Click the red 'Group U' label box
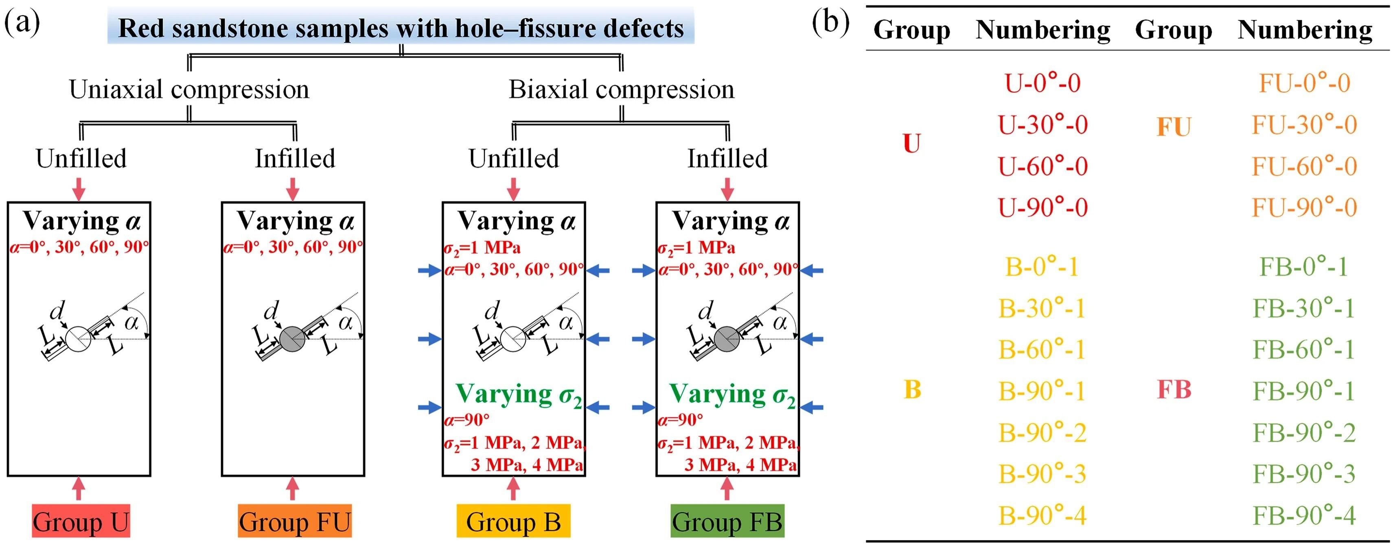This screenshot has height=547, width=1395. pyautogui.click(x=81, y=521)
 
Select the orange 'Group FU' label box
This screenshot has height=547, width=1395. pyautogui.click(x=295, y=521)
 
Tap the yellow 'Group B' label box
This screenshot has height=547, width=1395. pyautogui.click(x=513, y=521)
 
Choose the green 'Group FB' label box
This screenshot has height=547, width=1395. pyautogui.click(x=727, y=521)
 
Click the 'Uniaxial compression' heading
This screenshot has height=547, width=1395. pyautogui.click(x=189, y=89)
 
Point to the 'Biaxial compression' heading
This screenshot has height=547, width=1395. pyautogui.click(x=621, y=89)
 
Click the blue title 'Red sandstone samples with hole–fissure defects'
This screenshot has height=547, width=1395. pyautogui.click(x=401, y=28)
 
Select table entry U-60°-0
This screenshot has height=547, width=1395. pyautogui.click(x=1042, y=166)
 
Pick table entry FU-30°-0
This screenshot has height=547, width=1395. pyautogui.click(x=1304, y=125)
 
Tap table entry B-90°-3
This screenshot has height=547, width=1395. pyautogui.click(x=1042, y=474)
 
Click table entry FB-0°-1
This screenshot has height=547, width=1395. pyautogui.click(x=1304, y=267)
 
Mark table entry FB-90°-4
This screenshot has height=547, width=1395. pyautogui.click(x=1304, y=515)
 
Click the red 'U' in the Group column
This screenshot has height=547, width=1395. pyautogui.click(x=912, y=144)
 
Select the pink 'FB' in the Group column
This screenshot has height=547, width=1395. pyautogui.click(x=1174, y=390)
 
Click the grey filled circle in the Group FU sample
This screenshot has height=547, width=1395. pyautogui.click(x=292, y=339)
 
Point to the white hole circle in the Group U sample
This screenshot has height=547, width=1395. pyautogui.click(x=78, y=339)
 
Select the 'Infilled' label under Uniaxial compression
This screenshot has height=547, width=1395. pyautogui.click(x=295, y=159)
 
